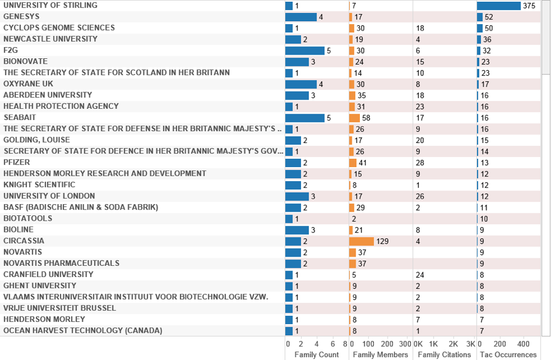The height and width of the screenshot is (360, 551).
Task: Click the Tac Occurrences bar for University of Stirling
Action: [499, 5]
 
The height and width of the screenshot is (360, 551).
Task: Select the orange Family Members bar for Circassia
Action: [361, 241]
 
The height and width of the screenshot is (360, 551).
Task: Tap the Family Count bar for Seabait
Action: [305, 118]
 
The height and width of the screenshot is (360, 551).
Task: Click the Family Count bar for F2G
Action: [305, 51]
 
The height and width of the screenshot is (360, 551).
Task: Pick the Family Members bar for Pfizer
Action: [352, 162]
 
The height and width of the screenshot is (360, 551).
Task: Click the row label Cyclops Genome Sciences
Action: [59, 28]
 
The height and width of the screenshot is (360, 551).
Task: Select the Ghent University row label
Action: [40, 285]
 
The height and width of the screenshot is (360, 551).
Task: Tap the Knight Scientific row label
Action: [39, 185]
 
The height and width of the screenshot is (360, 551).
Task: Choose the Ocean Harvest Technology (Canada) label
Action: [82, 331]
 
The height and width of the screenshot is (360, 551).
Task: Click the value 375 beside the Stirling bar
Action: [529, 6]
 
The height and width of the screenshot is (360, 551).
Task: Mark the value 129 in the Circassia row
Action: [383, 241]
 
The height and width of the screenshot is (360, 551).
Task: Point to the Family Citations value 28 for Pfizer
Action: [420, 162]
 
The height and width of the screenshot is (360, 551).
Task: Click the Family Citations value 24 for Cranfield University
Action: [420, 274]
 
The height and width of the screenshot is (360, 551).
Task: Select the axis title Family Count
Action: [316, 355]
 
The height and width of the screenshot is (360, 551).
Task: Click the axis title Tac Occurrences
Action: [507, 355]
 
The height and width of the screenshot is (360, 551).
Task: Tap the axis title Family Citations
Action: [444, 355]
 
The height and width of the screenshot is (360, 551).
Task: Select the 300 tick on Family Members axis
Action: [405, 344]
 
